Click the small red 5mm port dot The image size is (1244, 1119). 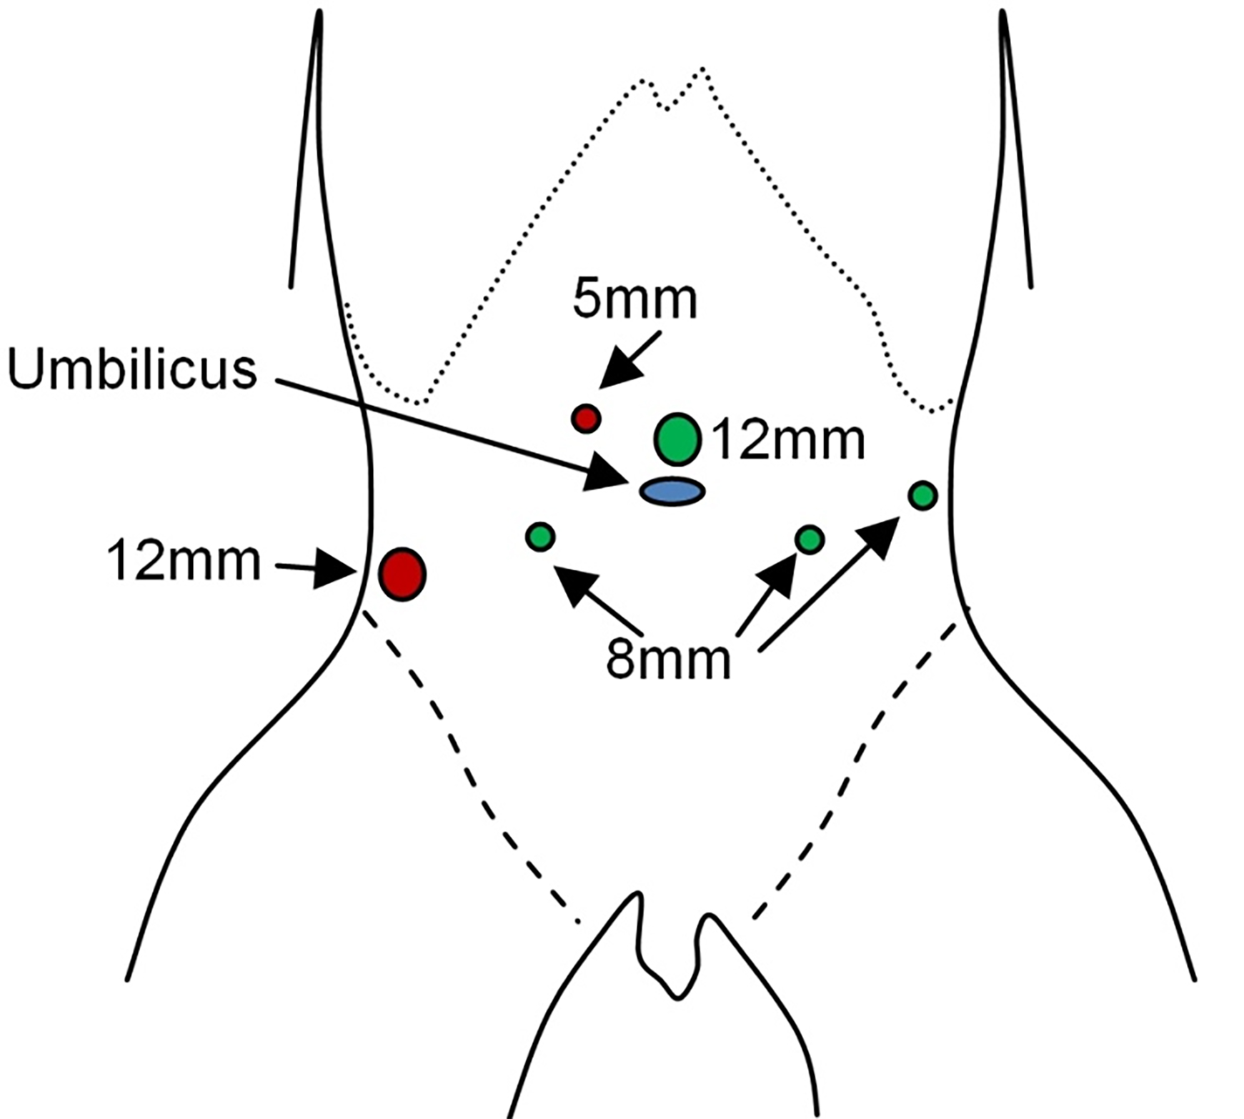[586, 418]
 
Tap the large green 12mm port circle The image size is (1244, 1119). [677, 439]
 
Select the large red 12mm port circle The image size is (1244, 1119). [402, 574]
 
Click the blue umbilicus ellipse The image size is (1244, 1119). [672, 492]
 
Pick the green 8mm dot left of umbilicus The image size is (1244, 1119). [540, 537]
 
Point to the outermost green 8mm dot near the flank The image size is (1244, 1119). [922, 495]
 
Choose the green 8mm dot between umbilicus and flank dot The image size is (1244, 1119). [810, 539]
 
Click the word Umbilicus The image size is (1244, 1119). [132, 369]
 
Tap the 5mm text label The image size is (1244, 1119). [635, 300]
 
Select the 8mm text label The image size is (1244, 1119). [668, 661]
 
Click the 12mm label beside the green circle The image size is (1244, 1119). [788, 441]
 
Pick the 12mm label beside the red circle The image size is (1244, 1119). [184, 562]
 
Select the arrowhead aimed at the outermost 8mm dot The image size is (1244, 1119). [879, 537]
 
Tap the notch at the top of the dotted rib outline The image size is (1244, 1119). [667, 107]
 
